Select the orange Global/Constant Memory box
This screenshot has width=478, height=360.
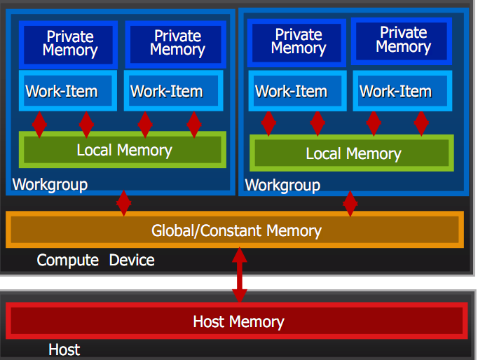[235, 230]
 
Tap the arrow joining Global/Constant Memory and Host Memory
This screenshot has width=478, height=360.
[240, 276]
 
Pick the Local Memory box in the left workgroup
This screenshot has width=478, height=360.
[123, 150]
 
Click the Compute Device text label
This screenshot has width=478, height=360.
[95, 261]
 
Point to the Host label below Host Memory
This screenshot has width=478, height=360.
[64, 349]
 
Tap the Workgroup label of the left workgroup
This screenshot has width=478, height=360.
[50, 185]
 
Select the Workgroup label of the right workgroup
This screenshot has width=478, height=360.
[282, 186]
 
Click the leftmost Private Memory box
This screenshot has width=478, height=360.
[69, 43]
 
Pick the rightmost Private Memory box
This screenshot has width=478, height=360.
[403, 40]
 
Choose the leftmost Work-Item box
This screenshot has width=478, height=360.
[62, 91]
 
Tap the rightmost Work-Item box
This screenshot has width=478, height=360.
[396, 91]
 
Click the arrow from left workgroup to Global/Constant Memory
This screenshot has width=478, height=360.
[124, 203]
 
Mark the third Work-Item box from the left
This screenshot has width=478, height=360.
[291, 91]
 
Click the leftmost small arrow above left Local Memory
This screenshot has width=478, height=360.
[39, 124]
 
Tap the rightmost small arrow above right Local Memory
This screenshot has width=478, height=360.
[421, 123]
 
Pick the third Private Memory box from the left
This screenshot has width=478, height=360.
[298, 41]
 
